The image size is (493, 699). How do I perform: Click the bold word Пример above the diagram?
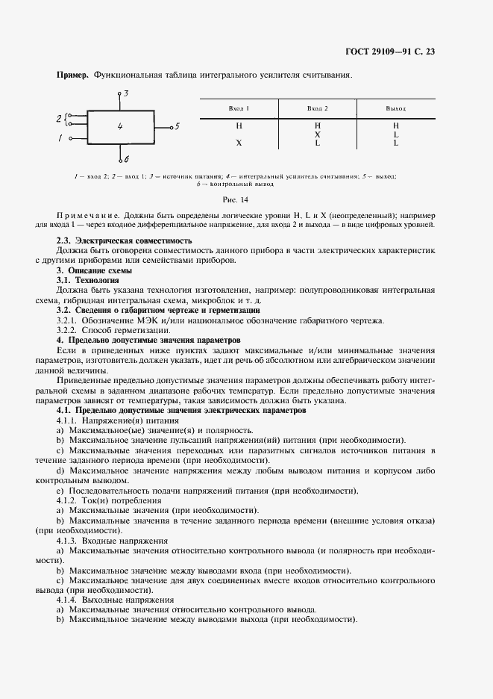tap(72, 75)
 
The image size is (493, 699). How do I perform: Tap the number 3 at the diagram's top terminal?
tap(126, 93)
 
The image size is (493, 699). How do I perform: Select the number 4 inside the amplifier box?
tap(120, 127)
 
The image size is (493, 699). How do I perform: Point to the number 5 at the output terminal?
tap(177, 126)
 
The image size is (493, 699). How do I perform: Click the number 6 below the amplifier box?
tap(126, 159)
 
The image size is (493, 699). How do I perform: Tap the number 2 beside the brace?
tap(59, 119)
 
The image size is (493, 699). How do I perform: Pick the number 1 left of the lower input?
tap(60, 138)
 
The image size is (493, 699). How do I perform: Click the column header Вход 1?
tap(239, 108)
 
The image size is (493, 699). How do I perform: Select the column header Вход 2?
tap(318, 108)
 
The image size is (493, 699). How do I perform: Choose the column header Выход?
tap(395, 108)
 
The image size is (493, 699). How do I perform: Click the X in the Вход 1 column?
tap(239, 143)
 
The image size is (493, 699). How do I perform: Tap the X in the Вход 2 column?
tap(318, 134)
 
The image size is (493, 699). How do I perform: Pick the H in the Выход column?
tap(396, 125)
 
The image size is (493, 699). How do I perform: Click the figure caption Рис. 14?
tap(235, 199)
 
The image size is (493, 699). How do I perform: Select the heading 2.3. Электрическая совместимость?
tap(125, 241)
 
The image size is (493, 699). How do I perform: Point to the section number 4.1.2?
tap(70, 500)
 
